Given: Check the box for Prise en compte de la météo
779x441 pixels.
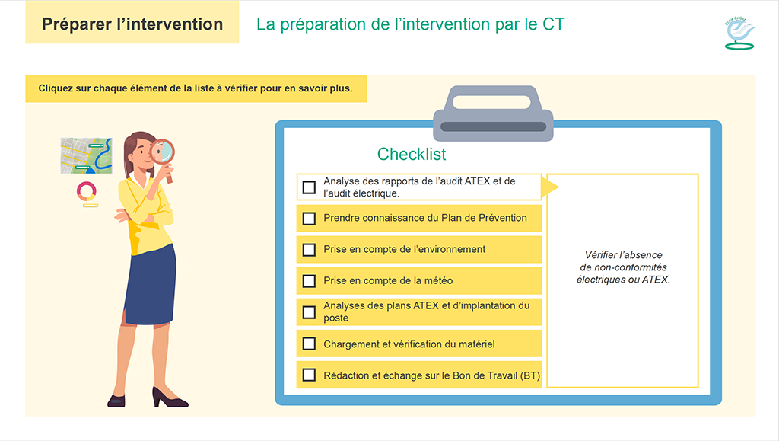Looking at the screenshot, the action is pos(309,281).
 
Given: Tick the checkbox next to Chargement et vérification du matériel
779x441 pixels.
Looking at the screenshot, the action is pos(309,344).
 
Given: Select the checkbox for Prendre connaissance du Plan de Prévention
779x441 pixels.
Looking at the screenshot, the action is pos(309,219).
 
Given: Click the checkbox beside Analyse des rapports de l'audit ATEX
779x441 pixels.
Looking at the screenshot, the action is pos(309,187).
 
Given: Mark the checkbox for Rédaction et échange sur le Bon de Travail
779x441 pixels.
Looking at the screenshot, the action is pos(309,375).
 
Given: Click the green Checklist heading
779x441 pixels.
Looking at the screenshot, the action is pos(412,154).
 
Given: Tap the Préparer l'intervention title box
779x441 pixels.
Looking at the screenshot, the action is pos(132,22).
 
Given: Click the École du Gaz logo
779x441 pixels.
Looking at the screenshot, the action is pos(739,34).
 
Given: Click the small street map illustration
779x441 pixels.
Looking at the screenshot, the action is pos(86,155).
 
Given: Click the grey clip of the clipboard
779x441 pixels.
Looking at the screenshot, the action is pos(493,113).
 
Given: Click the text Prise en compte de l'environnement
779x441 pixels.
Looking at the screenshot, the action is pos(405,249).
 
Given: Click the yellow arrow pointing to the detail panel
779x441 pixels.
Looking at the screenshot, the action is pos(550,187).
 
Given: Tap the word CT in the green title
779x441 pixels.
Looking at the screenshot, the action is pos(553,24).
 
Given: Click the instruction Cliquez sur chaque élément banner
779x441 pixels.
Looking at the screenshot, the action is pos(196,88).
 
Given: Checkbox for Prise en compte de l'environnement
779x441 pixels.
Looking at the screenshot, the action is pos(309,250).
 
